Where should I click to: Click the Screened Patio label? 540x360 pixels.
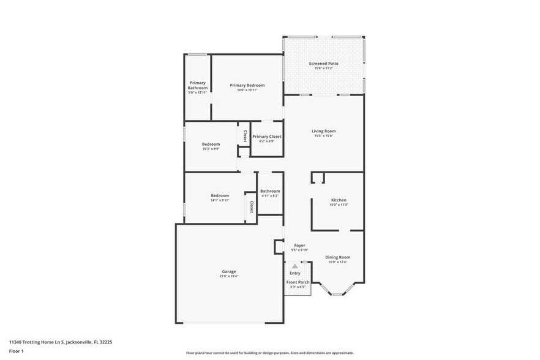[x=323, y=63]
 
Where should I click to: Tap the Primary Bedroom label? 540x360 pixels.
[x=247, y=85]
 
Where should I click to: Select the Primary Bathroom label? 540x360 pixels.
[x=198, y=85]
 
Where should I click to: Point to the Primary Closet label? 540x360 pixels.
[x=267, y=137]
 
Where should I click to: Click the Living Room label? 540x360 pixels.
[x=323, y=131]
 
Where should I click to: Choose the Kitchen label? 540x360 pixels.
[x=339, y=200]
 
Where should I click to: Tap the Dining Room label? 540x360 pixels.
[x=338, y=257]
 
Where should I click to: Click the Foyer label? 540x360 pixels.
[x=299, y=246]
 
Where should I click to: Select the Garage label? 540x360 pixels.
[x=229, y=271]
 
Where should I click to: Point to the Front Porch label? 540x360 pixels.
[x=299, y=282]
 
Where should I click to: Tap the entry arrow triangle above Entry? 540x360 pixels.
[x=294, y=266]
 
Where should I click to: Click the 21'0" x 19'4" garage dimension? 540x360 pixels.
[x=229, y=276]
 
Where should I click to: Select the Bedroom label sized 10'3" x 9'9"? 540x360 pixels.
[x=211, y=144]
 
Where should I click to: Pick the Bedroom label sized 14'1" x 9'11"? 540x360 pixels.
[x=220, y=195]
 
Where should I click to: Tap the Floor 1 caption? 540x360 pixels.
[x=16, y=351]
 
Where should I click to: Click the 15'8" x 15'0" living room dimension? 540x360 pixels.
[x=323, y=136]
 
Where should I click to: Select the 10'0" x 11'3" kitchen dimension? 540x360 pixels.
[x=339, y=205]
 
